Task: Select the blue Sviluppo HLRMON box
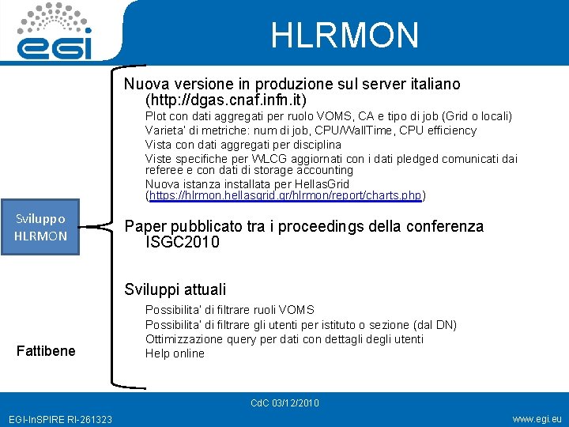click(40, 228)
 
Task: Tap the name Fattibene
click(46, 350)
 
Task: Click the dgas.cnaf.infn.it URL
click(226, 100)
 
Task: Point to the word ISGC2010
click(183, 243)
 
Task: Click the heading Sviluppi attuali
click(175, 289)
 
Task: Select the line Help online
click(175, 353)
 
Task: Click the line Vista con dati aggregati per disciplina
click(243, 145)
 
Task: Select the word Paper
click(143, 227)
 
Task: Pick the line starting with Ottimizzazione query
click(284, 339)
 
